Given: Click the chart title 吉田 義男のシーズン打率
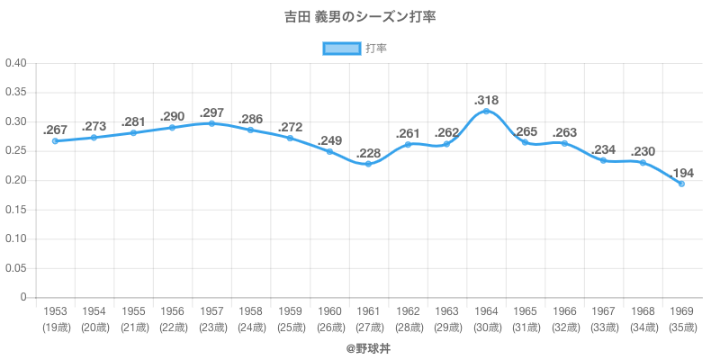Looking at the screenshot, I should point(360,17).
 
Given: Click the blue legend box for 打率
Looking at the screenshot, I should point(342,48).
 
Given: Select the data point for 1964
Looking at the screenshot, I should point(486,111).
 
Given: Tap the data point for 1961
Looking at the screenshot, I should point(368,164).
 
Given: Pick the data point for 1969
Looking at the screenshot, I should point(681,184).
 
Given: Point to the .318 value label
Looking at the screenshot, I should point(486,100).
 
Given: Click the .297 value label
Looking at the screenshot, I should point(211,112).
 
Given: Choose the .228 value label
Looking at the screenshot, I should point(368,153).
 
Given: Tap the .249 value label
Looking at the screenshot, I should point(329,140).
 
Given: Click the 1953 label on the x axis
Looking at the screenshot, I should point(55,311).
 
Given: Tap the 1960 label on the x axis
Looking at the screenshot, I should point(329,311).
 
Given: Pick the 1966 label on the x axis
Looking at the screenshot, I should point(564,311).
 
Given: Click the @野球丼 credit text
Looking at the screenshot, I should point(360,346).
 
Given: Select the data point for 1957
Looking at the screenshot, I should point(211,123).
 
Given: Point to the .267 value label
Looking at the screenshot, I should point(55,130).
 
